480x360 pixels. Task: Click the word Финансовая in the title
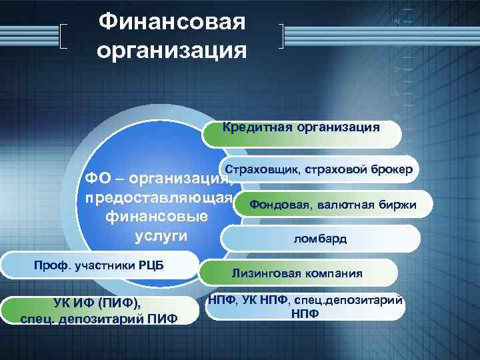point(172,22)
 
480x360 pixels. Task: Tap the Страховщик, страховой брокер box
point(319,171)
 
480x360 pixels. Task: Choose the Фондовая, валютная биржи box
point(333,205)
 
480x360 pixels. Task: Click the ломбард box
point(320,239)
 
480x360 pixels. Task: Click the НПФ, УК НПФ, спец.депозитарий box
point(305,307)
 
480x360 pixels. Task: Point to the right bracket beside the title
point(283,37)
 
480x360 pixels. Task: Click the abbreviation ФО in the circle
point(91,179)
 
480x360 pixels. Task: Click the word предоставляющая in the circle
point(154,199)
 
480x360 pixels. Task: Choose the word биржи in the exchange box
point(399,205)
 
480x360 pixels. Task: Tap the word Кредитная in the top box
point(253,126)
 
